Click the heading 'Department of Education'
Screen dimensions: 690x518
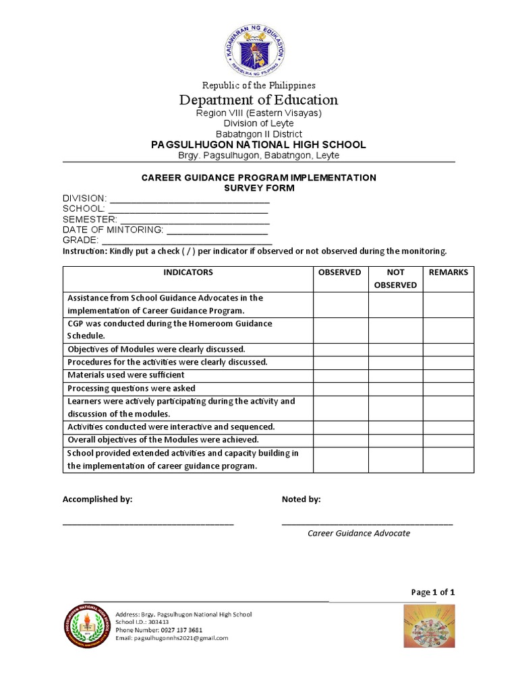tap(258, 100)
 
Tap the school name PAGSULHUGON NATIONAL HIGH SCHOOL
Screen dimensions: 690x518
tap(258, 144)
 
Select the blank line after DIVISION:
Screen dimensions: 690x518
tap(190, 200)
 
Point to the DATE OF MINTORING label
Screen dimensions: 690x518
tap(113, 230)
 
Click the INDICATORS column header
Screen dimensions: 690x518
tap(188, 272)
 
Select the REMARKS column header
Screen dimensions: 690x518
tap(449, 272)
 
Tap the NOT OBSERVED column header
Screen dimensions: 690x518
tap(395, 278)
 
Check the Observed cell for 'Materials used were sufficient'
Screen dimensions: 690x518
tap(340, 375)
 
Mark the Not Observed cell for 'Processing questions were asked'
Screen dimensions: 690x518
tap(395, 388)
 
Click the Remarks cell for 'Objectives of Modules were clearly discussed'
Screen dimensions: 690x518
tap(449, 349)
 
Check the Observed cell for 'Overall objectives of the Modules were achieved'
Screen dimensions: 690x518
tap(340, 439)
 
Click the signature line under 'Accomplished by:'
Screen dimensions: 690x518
tap(148, 523)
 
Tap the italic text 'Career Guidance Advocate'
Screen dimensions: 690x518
tap(359, 533)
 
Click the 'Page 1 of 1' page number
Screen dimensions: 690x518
tap(433, 592)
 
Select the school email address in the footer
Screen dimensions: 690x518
tap(172, 638)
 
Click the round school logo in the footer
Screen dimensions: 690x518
tap(86, 626)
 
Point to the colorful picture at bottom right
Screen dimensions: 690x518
tap(429, 626)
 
